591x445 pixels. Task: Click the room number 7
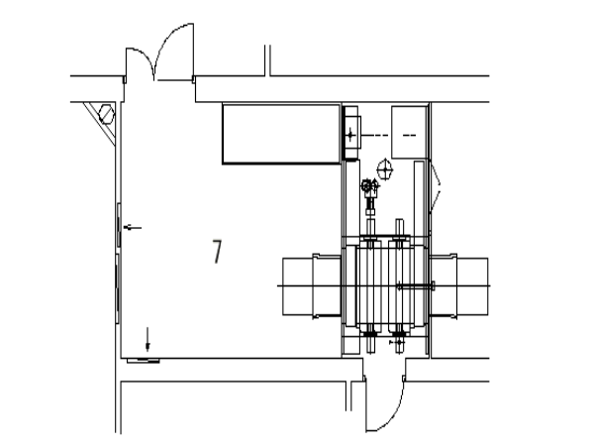tap(217, 252)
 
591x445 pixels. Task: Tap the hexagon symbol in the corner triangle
tap(106, 114)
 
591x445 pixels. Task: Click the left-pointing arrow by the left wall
tap(133, 228)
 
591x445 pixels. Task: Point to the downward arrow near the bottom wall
tap(148, 339)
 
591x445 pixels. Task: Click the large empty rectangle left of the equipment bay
tap(281, 134)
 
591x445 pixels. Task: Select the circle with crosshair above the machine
tap(385, 169)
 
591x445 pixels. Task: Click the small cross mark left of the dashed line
tap(350, 135)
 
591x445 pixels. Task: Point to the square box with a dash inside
tap(409, 133)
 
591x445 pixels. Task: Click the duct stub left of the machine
tap(312, 286)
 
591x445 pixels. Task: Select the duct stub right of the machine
tap(459, 286)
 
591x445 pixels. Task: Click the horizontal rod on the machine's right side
tap(416, 286)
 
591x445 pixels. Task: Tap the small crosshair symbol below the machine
tap(398, 342)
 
